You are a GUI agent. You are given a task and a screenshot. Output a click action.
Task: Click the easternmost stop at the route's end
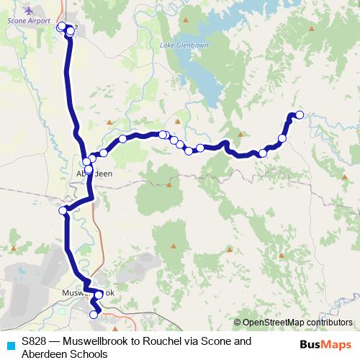[300, 114]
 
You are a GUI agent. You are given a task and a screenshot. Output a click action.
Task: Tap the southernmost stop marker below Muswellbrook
[94, 315]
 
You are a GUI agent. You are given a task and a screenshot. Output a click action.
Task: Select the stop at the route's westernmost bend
[63, 210]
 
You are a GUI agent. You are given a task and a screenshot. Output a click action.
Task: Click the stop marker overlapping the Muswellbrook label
[98, 295]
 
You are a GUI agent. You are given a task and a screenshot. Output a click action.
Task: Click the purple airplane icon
[29, 11]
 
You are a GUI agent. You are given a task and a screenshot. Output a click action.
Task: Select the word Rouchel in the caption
[169, 341]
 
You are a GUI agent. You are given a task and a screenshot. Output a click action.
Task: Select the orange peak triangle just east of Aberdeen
[168, 184]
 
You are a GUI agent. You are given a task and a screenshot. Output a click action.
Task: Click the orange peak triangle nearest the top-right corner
[312, 29]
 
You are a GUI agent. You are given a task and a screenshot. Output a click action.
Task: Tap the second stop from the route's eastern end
[282, 138]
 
